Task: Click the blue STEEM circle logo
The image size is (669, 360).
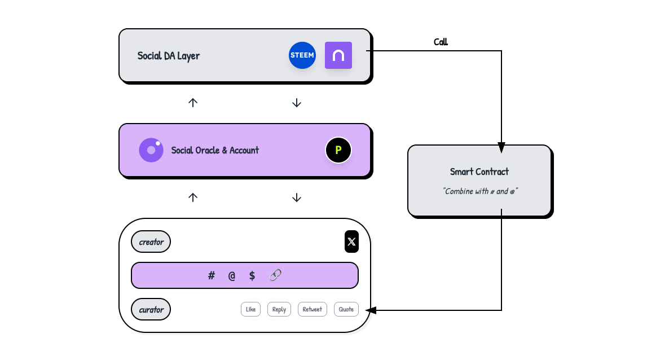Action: (x=302, y=55)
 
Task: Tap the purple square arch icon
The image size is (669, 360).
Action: (x=338, y=55)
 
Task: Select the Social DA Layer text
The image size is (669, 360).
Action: (x=169, y=56)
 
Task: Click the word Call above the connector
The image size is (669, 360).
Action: (x=441, y=42)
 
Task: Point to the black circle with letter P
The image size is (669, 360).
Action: (x=338, y=150)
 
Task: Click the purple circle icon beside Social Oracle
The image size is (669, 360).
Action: (x=151, y=150)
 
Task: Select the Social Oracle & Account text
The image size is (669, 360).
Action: (x=215, y=150)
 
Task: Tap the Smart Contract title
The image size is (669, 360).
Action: (x=479, y=172)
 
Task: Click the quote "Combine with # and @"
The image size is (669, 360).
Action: (x=480, y=191)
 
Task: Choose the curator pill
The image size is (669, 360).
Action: (x=151, y=309)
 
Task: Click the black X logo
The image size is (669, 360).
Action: (x=351, y=242)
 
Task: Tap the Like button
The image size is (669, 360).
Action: (x=250, y=309)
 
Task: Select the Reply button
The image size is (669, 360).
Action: (x=279, y=309)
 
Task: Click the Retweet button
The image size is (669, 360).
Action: (x=312, y=309)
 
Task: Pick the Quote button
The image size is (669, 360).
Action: (x=346, y=309)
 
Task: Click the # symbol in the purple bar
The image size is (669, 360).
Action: (x=212, y=275)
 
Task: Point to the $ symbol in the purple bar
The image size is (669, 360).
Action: (x=252, y=275)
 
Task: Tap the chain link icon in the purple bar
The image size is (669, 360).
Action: (x=275, y=275)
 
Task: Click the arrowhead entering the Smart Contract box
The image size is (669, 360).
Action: (x=501, y=148)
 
